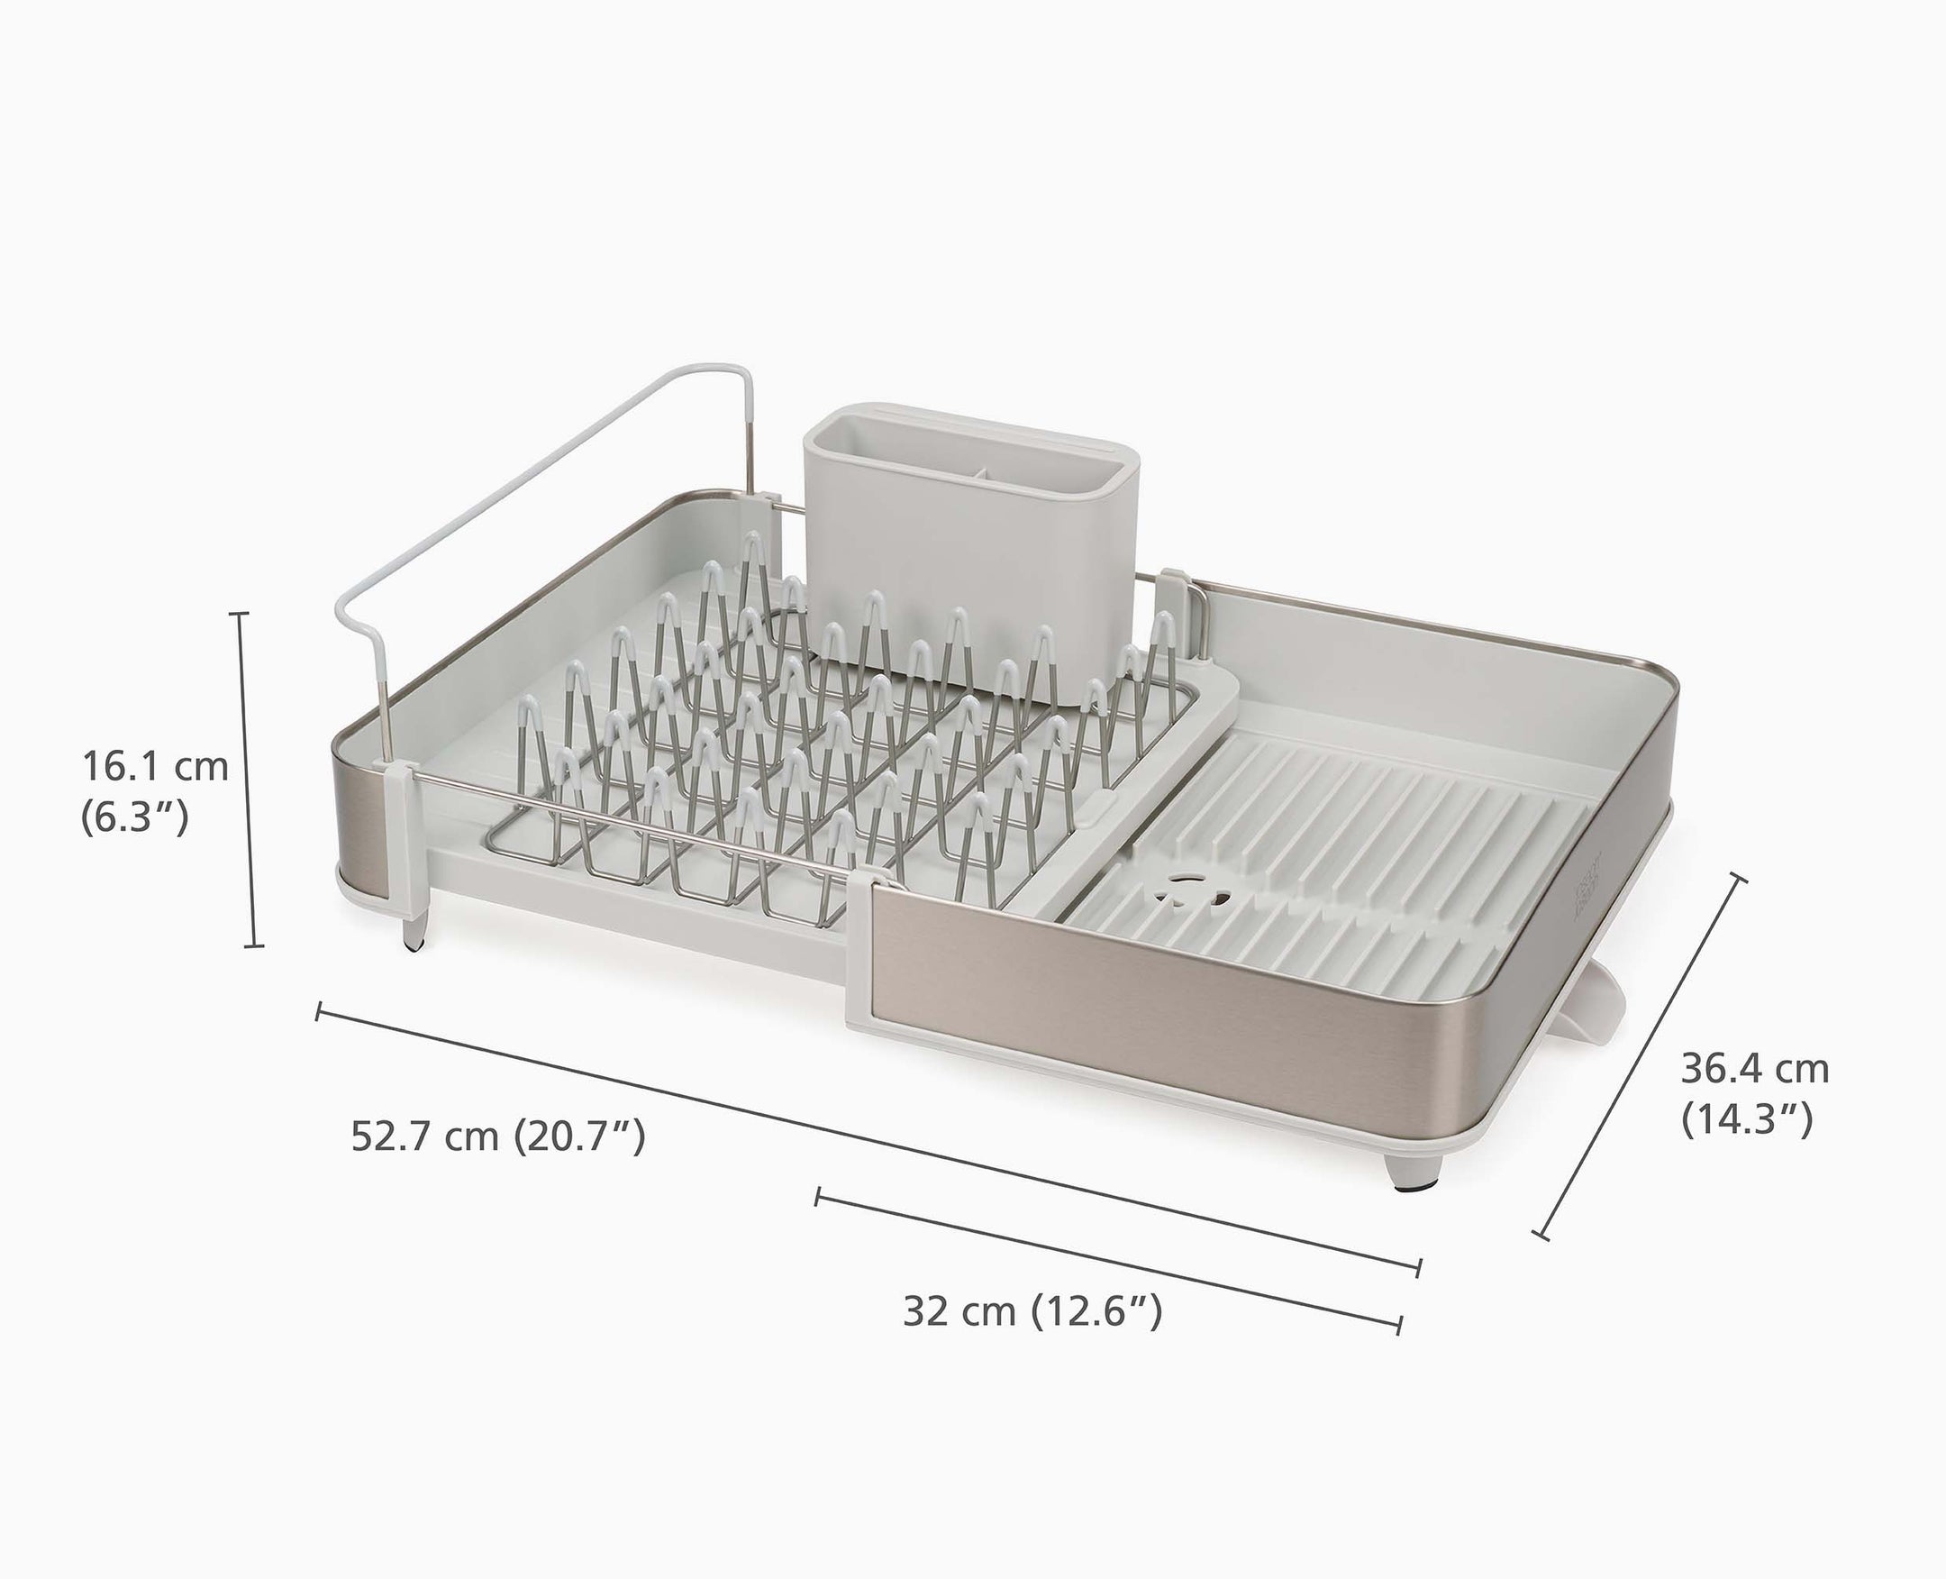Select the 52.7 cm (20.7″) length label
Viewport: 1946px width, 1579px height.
coord(498,1136)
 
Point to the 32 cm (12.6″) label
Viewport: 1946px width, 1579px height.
coord(1032,1310)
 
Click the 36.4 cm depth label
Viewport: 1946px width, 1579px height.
coord(1754,1068)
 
